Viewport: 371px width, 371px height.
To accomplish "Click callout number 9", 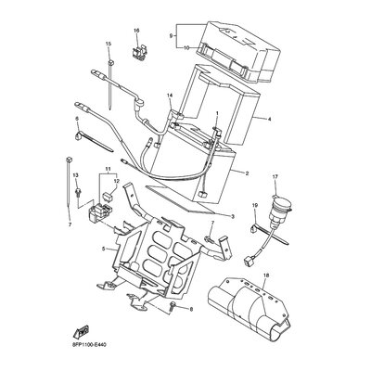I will [x=172, y=36].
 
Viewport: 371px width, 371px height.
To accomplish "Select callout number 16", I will [x=136, y=30].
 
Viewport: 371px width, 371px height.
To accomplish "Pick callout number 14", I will [x=171, y=96].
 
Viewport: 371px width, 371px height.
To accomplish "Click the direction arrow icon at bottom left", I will [x=81, y=329].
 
